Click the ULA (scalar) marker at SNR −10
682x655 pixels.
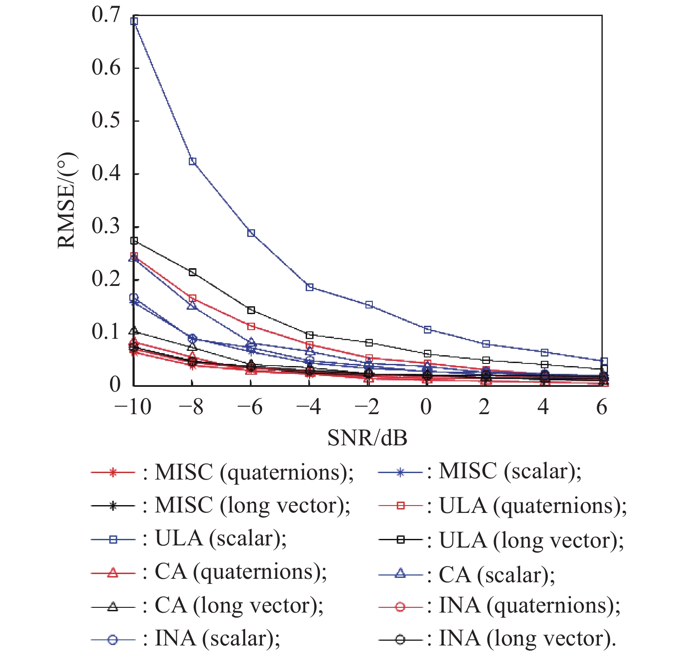click(x=134, y=21)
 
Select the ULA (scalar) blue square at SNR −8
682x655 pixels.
click(x=193, y=162)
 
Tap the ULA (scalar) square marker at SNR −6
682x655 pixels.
click(x=251, y=233)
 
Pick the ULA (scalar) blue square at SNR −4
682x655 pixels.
click(x=310, y=287)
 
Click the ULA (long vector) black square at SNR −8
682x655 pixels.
click(x=193, y=272)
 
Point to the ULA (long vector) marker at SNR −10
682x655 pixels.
click(x=134, y=240)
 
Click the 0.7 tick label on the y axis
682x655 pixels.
click(x=106, y=15)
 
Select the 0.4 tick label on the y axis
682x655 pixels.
click(x=106, y=173)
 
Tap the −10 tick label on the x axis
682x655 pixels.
click(x=133, y=407)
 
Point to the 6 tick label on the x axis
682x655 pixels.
click(x=601, y=407)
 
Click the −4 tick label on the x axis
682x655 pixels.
click(x=308, y=407)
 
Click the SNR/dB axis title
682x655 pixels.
click(x=367, y=438)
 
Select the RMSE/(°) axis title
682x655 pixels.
click(x=67, y=200)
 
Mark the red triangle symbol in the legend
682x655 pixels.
click(x=113, y=573)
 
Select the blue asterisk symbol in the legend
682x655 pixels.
click(x=401, y=473)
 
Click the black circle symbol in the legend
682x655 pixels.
click(x=401, y=639)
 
